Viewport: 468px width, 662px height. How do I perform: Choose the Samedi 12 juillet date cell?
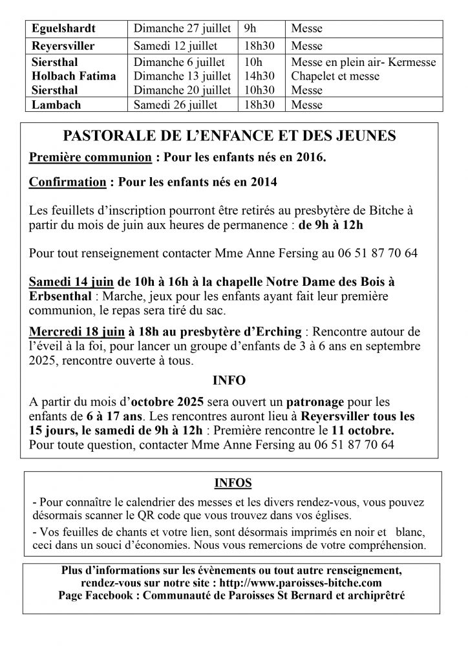click(x=175, y=47)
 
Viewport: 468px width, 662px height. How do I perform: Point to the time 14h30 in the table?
click(x=258, y=77)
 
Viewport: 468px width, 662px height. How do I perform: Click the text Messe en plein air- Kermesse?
click(x=363, y=63)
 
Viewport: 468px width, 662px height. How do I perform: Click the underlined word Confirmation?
click(x=67, y=183)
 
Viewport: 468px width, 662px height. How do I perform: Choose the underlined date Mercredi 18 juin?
click(x=77, y=332)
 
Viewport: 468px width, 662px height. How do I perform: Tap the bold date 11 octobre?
click(x=375, y=431)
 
